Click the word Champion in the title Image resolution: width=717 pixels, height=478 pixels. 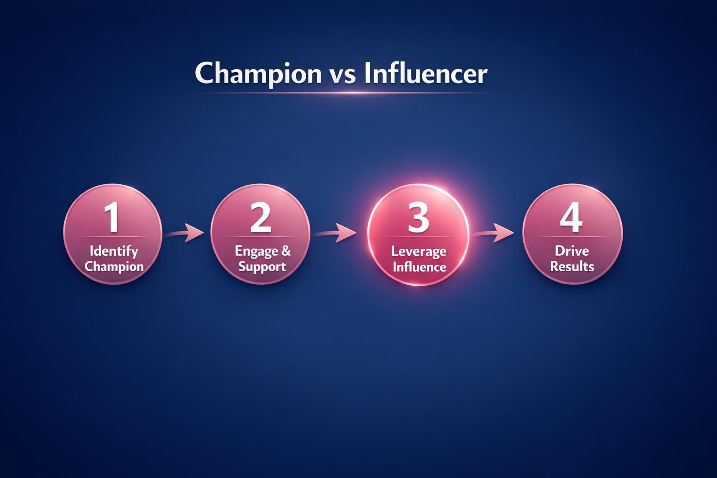tap(258, 74)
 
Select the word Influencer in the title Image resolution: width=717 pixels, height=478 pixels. tap(425, 74)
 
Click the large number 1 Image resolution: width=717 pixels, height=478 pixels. tap(112, 218)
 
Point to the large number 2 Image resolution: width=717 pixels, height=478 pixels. tap(260, 218)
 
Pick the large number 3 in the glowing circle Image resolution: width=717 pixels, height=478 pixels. tap(418, 218)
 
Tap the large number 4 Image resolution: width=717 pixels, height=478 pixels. tap(571, 218)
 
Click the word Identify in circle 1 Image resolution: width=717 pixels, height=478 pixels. tap(113, 252)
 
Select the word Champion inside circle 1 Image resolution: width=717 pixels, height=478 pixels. tap(114, 267)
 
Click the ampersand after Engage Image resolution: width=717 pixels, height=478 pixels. tap(285, 251)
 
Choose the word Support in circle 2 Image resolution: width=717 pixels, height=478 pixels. tap(262, 267)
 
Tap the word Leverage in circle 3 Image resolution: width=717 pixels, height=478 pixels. tap(418, 252)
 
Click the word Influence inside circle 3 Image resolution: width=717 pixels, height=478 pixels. tap(419, 267)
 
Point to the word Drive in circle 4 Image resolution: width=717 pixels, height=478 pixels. tap(572, 251)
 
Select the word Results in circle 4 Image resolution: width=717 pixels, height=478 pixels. tap(572, 267)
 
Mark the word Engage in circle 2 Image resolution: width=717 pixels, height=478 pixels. tap(255, 252)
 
